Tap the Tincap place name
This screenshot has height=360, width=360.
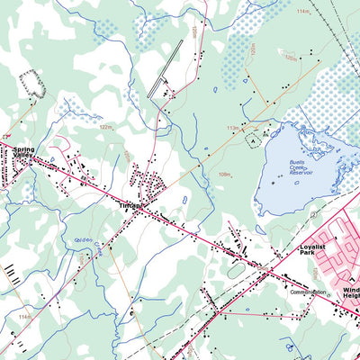point(130,206)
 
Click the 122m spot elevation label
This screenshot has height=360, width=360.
point(106,128)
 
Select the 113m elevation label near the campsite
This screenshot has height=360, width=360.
point(232,128)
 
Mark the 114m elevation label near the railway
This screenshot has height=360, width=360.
point(302,12)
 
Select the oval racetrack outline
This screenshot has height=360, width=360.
point(236,268)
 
